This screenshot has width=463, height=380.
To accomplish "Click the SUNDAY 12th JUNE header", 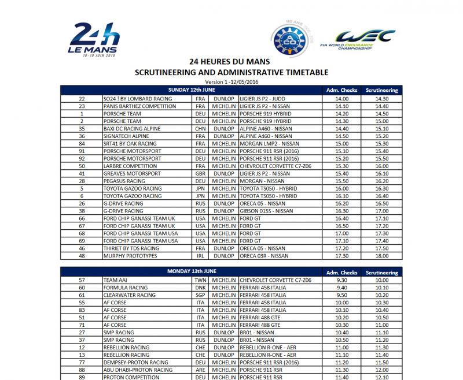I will click(x=192, y=91).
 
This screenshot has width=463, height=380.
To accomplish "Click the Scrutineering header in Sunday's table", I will click(x=381, y=91).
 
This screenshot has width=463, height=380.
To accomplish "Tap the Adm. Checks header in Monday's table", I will click(x=341, y=272).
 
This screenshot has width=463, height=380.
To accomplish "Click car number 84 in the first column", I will click(x=82, y=144).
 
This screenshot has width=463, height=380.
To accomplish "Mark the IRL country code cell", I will click(x=200, y=256).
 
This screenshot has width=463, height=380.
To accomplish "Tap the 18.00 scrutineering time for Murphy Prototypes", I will click(x=381, y=256).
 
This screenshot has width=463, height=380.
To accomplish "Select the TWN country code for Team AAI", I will click(x=200, y=280).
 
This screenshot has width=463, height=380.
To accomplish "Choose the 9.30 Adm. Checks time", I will click(x=341, y=280).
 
